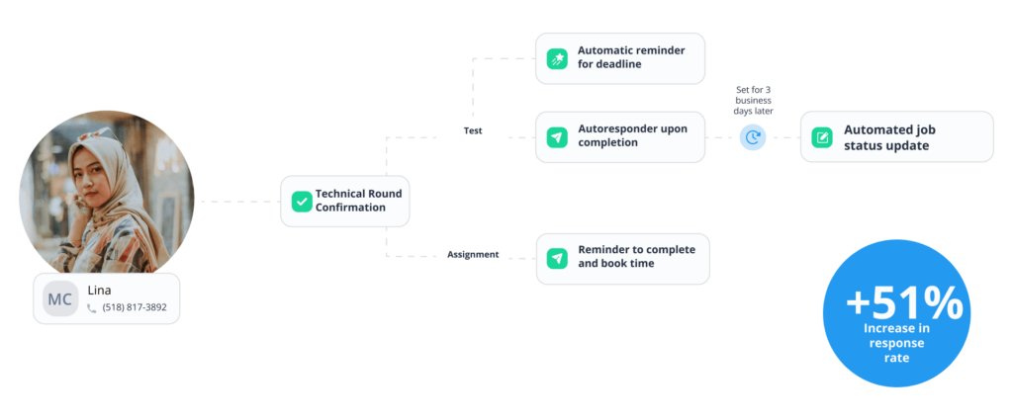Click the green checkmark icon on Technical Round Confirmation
click(x=302, y=202)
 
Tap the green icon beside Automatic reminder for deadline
click(x=558, y=57)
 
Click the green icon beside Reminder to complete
click(x=558, y=258)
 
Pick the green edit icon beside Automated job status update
click(x=822, y=137)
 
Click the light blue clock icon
click(x=753, y=137)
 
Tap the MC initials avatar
click(x=60, y=298)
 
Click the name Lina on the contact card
click(x=99, y=291)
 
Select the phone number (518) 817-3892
click(x=135, y=307)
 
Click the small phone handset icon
click(x=92, y=308)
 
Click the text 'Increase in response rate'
click(x=897, y=343)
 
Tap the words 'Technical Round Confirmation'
click(x=358, y=201)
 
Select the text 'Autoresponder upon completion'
click(x=632, y=136)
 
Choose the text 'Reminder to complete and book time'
click(x=636, y=257)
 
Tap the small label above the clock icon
click(x=754, y=100)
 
